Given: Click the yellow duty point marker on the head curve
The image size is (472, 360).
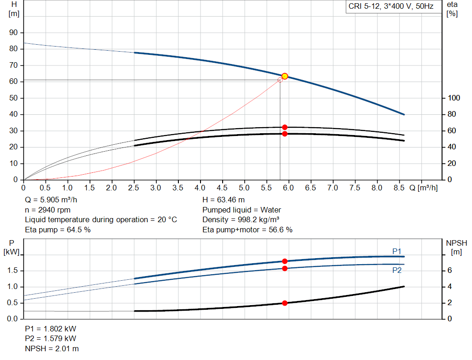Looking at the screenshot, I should [284, 76].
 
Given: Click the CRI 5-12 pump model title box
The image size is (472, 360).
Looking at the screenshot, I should [391, 7].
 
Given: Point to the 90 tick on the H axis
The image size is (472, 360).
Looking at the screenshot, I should [14, 33].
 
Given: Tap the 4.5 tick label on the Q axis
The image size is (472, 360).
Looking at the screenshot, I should [222, 188].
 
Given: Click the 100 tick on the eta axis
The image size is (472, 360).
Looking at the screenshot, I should [454, 98].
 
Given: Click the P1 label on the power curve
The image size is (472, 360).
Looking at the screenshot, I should [397, 251].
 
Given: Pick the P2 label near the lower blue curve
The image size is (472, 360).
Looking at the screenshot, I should [397, 270].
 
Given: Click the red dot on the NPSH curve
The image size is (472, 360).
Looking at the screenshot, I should [284, 303].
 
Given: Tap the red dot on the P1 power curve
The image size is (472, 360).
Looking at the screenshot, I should [284, 261].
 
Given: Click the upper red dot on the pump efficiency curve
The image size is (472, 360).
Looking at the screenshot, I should [284, 127].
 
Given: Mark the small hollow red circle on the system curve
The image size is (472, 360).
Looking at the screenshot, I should [280, 80].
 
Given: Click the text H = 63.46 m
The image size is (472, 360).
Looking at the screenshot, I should [224, 200].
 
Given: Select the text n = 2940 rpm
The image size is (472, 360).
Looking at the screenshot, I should [47, 210].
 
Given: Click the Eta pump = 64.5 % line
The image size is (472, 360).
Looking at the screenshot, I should [57, 229].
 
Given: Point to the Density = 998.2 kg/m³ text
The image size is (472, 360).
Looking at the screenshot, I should [241, 219].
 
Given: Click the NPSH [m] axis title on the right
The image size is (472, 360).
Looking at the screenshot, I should [457, 247].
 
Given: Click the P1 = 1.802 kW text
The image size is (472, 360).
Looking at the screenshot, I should [50, 329].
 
